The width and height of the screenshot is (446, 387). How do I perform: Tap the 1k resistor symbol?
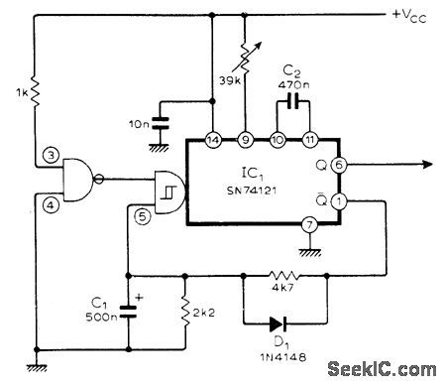[36, 93]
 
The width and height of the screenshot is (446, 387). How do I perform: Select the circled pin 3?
[49, 155]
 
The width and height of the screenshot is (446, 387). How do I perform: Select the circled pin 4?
[49, 204]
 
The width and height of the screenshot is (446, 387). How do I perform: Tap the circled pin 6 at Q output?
[340, 167]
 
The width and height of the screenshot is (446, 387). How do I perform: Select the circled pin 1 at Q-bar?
[340, 202]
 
